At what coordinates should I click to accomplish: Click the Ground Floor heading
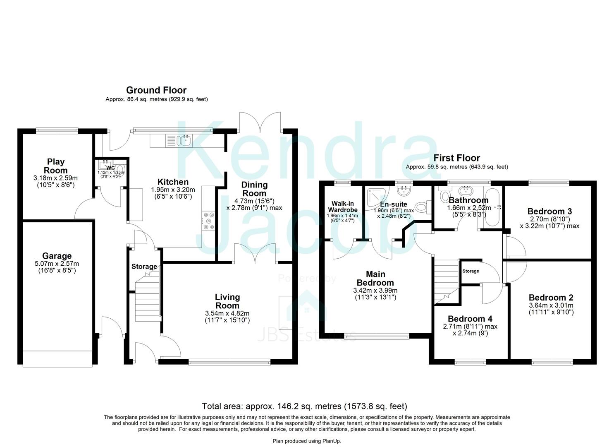[x=156, y=90]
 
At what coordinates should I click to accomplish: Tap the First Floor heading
[x=456, y=158]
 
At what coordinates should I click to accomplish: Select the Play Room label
[x=55, y=166]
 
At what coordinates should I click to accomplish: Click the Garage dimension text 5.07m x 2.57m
[x=57, y=264]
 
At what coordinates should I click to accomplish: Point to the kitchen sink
[x=184, y=141]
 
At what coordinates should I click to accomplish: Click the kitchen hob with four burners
[x=208, y=221]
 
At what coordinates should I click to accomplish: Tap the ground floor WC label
[x=110, y=168]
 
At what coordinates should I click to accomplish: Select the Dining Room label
[x=254, y=189]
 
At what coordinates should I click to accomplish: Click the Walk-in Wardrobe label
[x=342, y=207]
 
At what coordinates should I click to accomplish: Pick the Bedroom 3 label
[x=549, y=211]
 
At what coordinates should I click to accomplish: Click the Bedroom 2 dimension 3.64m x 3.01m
[x=551, y=305]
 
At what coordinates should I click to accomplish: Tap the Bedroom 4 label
[x=470, y=319]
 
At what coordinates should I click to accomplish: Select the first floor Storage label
[x=471, y=271]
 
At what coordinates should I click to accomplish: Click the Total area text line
[x=304, y=406]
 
